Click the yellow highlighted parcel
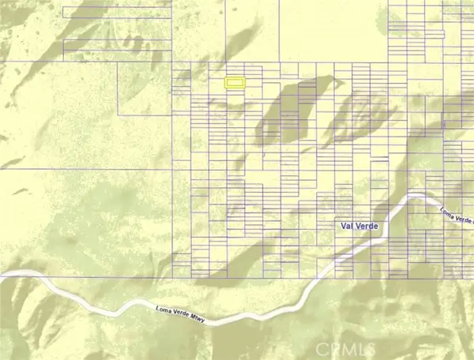tap(235, 82)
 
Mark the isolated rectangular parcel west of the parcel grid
tap(145, 87)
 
